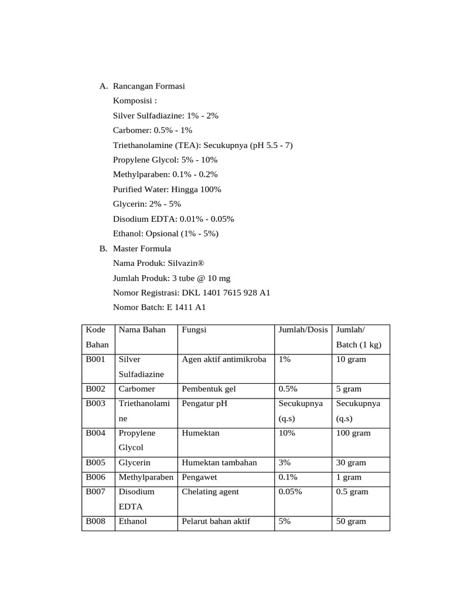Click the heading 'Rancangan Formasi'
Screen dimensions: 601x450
click(149, 86)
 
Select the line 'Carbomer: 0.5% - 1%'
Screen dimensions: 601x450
click(152, 130)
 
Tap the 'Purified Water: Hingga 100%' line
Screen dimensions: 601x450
click(167, 190)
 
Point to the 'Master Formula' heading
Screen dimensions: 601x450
click(142, 249)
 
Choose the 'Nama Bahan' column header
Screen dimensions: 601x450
click(142, 330)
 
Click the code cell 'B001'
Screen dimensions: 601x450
click(96, 360)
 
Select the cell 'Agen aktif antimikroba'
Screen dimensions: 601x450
click(224, 360)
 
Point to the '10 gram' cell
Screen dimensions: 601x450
click(351, 360)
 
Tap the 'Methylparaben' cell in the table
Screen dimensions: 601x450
click(146, 478)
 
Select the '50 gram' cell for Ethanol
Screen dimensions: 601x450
click(351, 522)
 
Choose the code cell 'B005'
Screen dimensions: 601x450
click(96, 463)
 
